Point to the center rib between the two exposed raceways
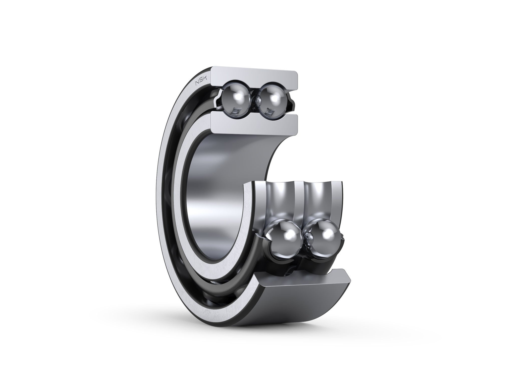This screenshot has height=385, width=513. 298,201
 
